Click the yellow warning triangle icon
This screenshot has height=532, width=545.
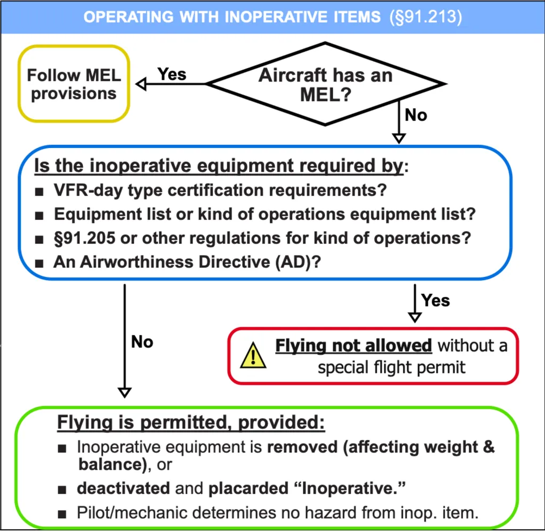pos(253,356)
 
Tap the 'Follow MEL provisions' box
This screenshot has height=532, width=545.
pos(74,84)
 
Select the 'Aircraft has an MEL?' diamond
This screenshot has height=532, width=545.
pos(325,84)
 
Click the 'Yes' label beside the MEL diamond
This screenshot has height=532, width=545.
pos(172,74)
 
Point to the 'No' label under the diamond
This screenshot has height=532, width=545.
pos(416,114)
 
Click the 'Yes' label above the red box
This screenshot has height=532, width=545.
pos(435,300)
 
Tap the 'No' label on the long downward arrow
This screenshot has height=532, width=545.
pos(142,341)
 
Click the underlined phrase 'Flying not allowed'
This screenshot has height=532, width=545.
pos(353,346)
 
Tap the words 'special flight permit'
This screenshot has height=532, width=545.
pos(392,367)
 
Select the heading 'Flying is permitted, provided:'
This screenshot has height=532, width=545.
pos(191,423)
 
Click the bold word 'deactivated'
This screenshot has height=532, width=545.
pos(123,487)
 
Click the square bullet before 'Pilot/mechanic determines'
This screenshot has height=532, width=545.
pos(63,514)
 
